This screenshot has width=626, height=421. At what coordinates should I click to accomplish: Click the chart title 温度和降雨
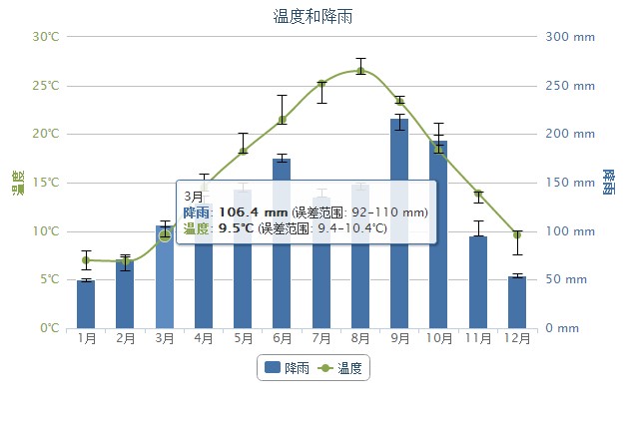(313, 16)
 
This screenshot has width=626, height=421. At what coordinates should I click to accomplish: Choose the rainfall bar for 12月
(516, 302)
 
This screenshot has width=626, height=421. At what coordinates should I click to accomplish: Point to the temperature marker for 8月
(360, 70)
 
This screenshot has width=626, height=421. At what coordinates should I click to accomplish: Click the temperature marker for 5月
(243, 151)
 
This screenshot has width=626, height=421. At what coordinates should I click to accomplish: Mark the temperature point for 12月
(516, 234)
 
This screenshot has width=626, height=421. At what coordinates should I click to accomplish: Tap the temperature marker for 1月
(86, 260)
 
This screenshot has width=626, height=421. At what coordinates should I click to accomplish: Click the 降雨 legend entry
(286, 368)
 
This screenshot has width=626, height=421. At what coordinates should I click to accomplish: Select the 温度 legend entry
(343, 368)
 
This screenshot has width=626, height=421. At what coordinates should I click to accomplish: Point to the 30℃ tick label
(46, 37)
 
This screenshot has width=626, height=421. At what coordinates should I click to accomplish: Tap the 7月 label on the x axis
(321, 338)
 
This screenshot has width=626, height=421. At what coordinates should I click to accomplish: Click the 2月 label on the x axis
(126, 338)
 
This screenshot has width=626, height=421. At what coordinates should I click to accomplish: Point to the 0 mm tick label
(563, 328)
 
